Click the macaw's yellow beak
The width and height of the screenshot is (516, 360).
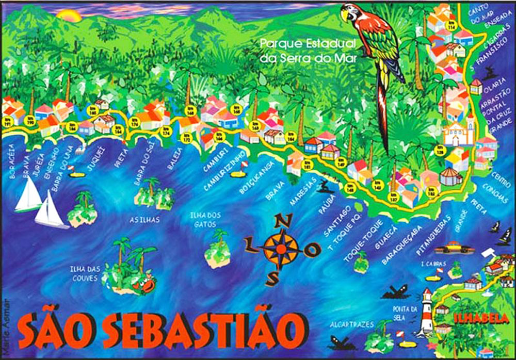[345, 14]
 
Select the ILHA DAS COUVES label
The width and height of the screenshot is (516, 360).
[87, 271]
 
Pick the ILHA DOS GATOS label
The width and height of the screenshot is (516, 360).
[205, 219]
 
